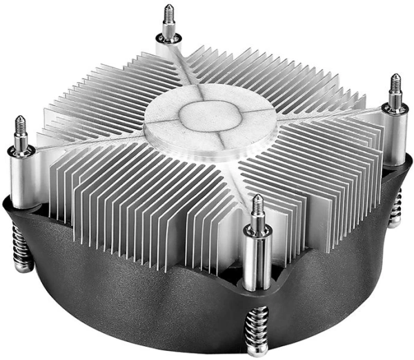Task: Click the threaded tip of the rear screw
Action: tap(168, 12)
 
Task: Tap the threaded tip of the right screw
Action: tap(395, 83)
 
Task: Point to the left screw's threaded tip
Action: tap(19, 126)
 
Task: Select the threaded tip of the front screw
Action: tap(257, 204)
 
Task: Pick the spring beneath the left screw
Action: tap(21, 248)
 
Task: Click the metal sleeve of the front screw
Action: tap(255, 262)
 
